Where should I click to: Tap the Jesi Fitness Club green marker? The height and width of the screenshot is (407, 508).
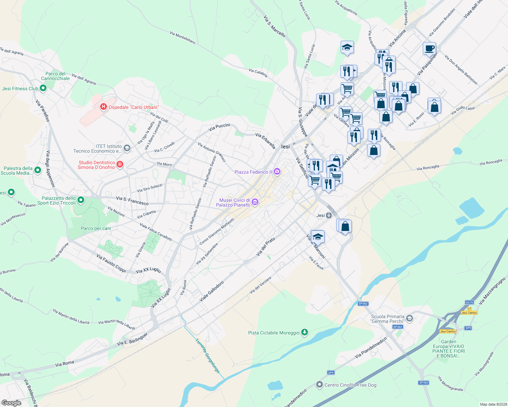pyautogui.click(x=43, y=89)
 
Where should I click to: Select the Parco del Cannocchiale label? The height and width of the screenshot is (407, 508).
pyautogui.click(x=55, y=76)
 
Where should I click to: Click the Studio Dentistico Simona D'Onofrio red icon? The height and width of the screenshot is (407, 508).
pyautogui.click(x=120, y=164)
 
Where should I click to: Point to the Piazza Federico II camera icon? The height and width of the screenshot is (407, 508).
pyautogui.click(x=277, y=172)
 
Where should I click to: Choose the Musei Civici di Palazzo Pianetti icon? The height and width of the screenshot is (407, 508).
pyautogui.click(x=255, y=202)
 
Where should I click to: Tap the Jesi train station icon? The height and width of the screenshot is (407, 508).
pyautogui.click(x=329, y=215)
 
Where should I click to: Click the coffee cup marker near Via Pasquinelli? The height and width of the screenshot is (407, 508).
pyautogui.click(x=429, y=49)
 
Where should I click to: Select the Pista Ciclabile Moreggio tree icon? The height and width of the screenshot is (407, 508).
pyautogui.click(x=305, y=332)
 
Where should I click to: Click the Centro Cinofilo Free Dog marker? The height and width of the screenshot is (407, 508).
pyautogui.click(x=319, y=385)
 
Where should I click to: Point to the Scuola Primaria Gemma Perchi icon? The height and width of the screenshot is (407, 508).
pyautogui.click(x=410, y=318)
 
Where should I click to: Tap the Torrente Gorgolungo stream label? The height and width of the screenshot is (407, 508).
pyautogui.click(x=207, y=356)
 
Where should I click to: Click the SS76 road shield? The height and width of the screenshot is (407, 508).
pyautogui.click(x=469, y=302)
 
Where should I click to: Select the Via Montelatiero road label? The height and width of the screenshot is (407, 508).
pyautogui.click(x=183, y=38)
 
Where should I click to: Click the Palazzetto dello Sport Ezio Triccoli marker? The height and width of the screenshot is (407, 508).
pyautogui.click(x=81, y=200)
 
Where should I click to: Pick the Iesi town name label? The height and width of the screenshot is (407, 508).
pyautogui.click(x=286, y=147)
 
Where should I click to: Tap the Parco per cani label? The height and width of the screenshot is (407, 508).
pyautogui.click(x=96, y=228)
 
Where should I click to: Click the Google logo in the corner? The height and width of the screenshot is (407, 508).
pyautogui.click(x=11, y=403)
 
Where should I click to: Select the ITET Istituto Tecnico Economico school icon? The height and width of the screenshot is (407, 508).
pyautogui.click(x=127, y=148)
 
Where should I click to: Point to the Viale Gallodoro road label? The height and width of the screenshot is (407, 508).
pyautogui.click(x=212, y=291)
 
